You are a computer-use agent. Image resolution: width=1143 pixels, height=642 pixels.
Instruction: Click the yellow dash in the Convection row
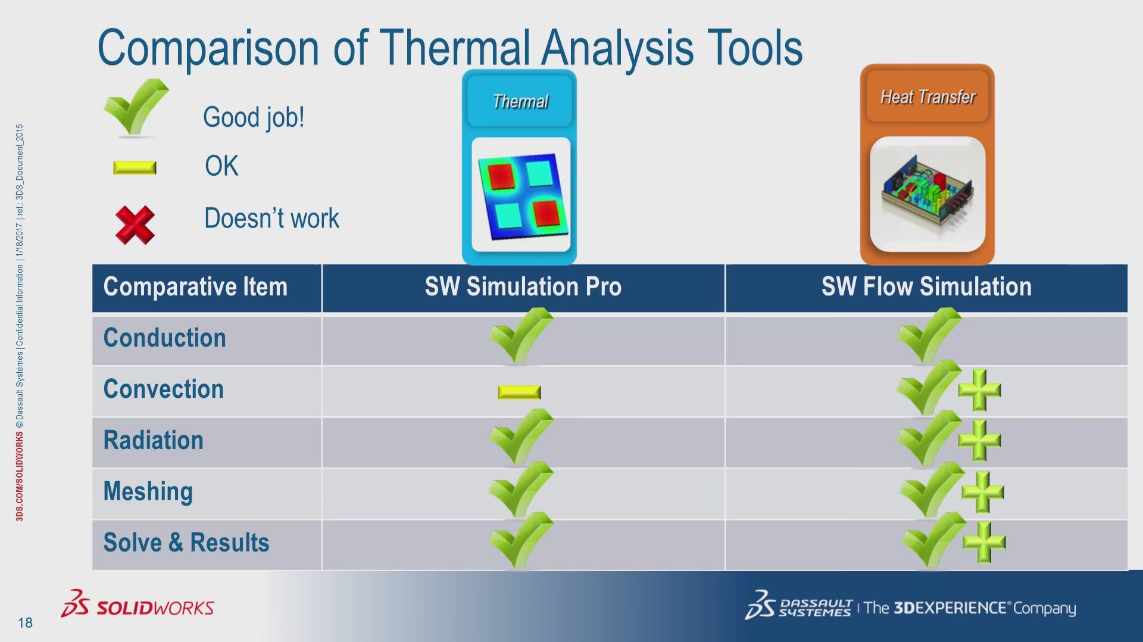[x=519, y=392]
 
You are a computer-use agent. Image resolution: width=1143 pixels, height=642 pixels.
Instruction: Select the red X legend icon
[x=135, y=225]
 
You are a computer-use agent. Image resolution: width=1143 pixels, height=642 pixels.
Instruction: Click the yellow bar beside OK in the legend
[x=135, y=168]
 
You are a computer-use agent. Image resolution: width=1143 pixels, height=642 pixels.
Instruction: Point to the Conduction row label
[x=164, y=338]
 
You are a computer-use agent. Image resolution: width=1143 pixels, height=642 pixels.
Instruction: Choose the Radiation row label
[x=153, y=441]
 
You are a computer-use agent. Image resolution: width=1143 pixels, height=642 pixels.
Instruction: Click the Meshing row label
[x=148, y=492]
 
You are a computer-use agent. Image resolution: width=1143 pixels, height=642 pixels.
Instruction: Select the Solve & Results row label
[x=186, y=543]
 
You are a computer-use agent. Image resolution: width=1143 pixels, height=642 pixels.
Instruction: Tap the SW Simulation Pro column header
[x=523, y=287]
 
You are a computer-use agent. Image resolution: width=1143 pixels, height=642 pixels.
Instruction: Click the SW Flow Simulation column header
[x=926, y=287]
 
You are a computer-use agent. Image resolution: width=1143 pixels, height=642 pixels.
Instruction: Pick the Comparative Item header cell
[x=195, y=287]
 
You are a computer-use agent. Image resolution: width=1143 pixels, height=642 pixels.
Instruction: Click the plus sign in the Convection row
[x=979, y=391]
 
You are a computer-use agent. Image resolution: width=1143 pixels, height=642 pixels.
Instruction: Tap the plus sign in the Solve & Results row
[x=983, y=543]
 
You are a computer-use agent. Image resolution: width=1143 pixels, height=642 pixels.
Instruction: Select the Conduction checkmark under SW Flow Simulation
[x=928, y=336]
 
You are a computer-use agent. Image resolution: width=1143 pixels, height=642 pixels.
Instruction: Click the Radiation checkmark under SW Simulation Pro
[x=520, y=437]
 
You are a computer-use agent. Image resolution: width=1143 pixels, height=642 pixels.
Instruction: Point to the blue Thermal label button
[x=520, y=102]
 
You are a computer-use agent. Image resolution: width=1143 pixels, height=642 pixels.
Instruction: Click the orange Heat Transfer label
[x=927, y=97]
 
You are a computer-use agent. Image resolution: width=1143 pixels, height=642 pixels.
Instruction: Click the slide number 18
[x=25, y=623]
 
